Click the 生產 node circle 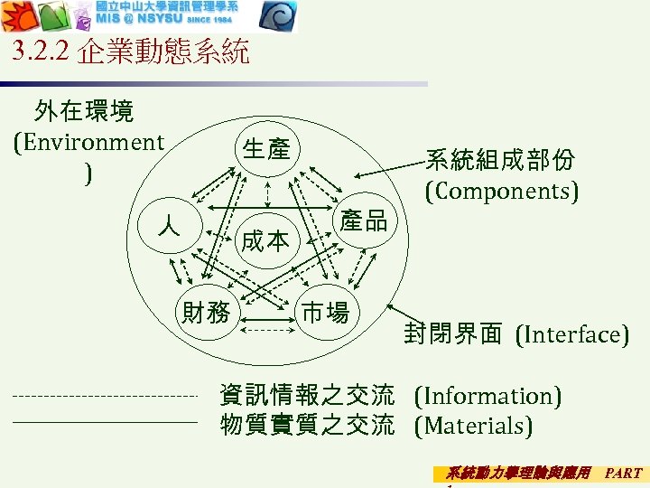[266, 150]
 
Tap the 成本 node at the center [265, 240]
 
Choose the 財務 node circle [207, 313]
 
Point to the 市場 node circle [325, 313]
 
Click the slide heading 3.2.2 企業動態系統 [132, 52]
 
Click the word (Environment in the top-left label [89, 142]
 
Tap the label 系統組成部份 [500, 160]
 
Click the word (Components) [502, 191]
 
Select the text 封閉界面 [453, 334]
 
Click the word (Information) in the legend [487, 395]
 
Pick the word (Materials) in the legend [473, 425]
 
